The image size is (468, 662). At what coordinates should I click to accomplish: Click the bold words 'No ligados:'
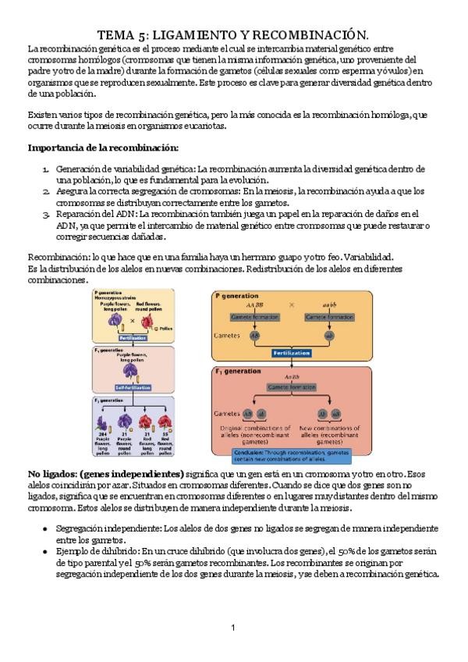pos(54,473)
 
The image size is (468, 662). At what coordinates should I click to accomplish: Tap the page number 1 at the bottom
pos(233,628)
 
